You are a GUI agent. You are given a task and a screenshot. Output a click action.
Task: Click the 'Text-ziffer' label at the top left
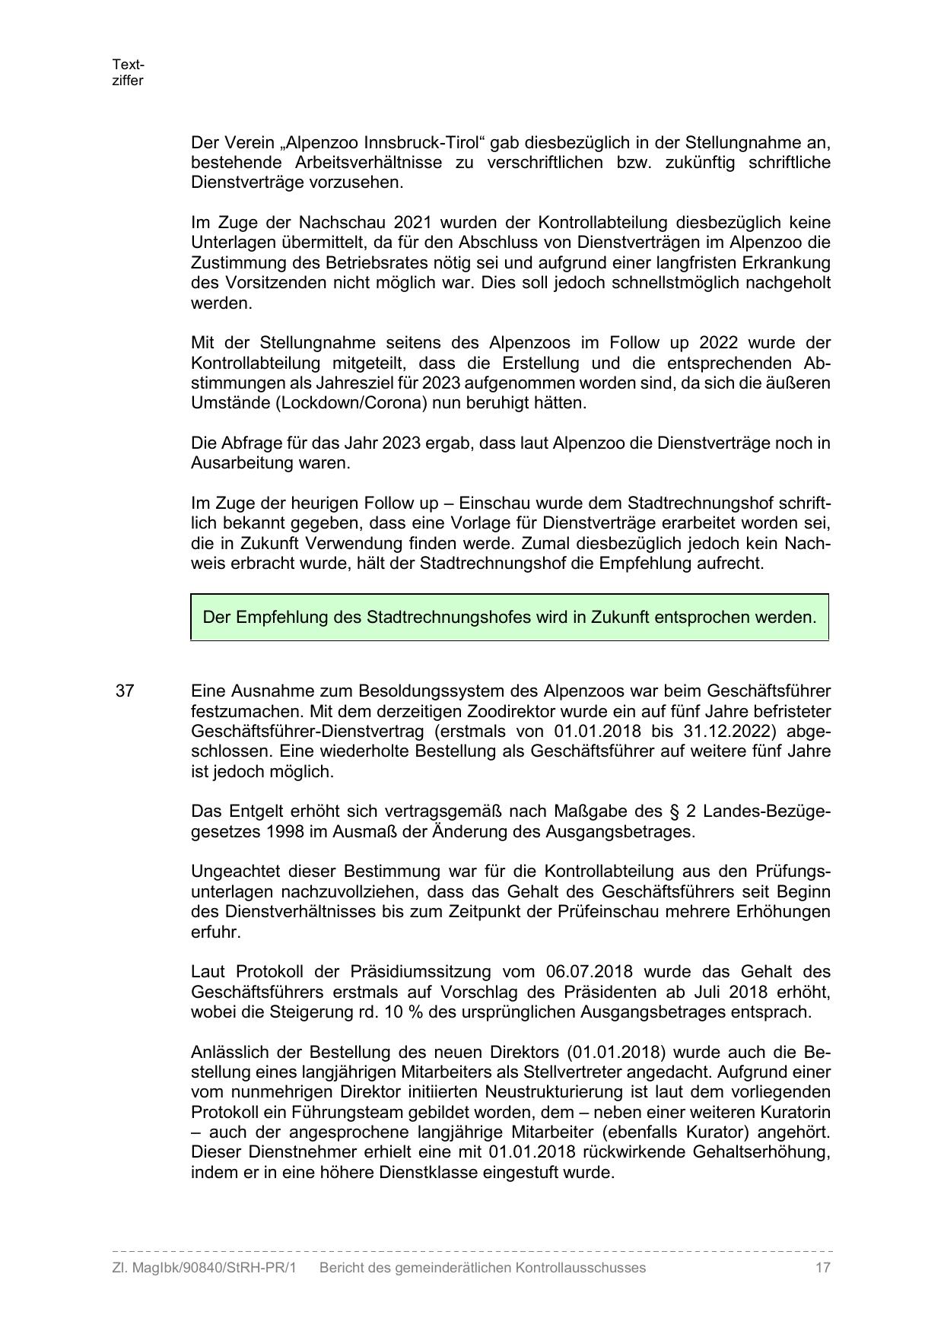(x=127, y=72)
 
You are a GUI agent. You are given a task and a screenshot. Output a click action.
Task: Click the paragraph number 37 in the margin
(x=125, y=691)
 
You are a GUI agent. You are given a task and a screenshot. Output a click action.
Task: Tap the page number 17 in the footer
(x=822, y=1267)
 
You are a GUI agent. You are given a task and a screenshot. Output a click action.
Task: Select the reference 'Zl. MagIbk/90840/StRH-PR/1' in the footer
(x=204, y=1267)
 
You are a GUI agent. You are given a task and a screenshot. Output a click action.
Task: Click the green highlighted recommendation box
(x=509, y=617)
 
